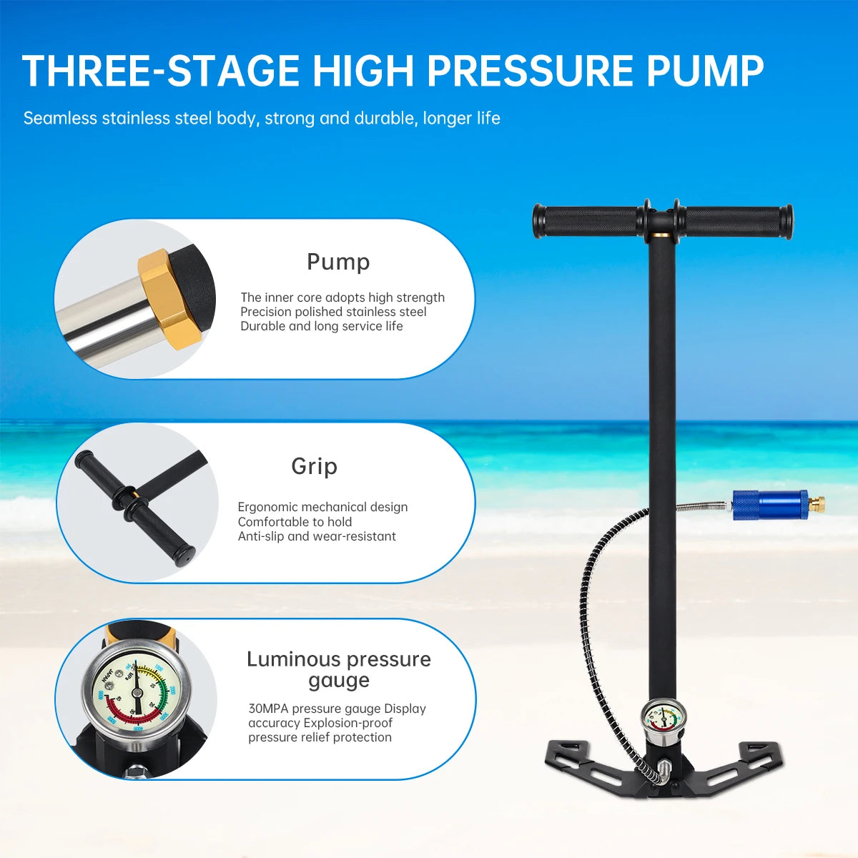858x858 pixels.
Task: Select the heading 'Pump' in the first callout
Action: point(338,262)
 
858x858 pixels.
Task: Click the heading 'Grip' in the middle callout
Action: point(314,466)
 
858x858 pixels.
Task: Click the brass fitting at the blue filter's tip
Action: point(817,503)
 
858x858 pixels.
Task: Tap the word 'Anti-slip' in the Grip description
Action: point(260,536)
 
